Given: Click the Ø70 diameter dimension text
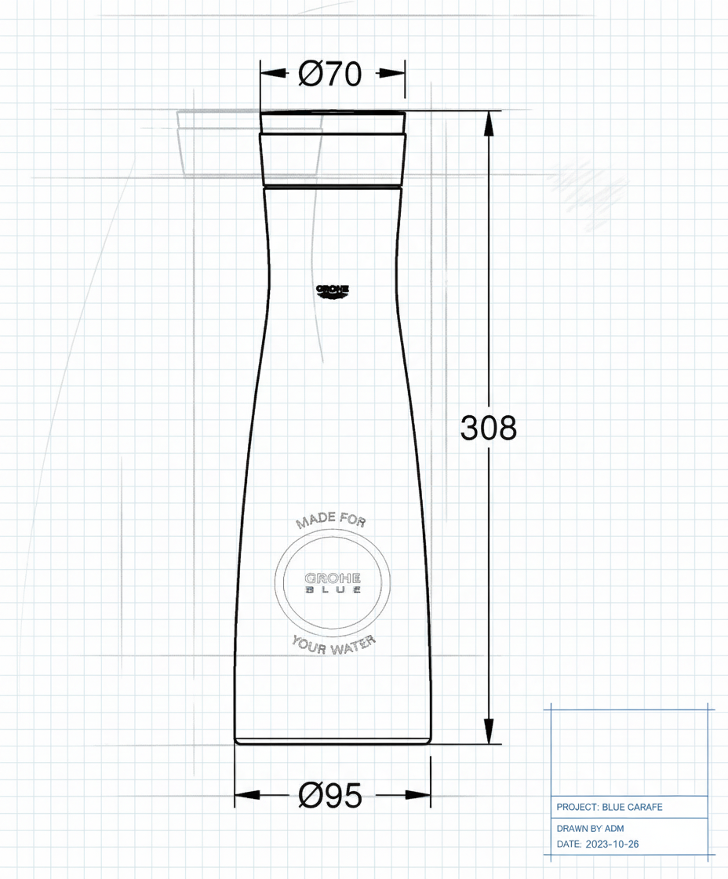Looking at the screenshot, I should tap(330, 74).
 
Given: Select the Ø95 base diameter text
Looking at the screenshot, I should tap(330, 796).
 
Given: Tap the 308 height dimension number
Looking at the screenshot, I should tap(488, 429).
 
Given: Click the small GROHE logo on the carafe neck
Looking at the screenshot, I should tap(333, 291).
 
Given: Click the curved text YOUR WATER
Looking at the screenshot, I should tap(333, 644).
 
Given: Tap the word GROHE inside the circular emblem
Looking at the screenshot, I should tap(333, 577).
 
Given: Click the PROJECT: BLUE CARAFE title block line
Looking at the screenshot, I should tap(609, 807).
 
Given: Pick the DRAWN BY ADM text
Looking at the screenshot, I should tap(590, 828).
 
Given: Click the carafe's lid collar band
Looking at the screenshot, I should tap(333, 159).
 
